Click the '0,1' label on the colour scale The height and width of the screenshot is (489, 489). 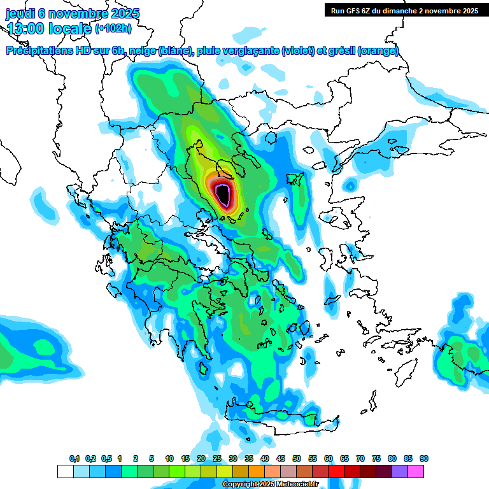pyautogui.click(x=74, y=459)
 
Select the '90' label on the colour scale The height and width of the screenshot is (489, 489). pyautogui.click(x=424, y=459)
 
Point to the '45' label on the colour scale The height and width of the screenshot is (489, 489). pyautogui.click(x=281, y=459)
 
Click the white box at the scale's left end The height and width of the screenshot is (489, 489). pyautogui.click(x=65, y=471)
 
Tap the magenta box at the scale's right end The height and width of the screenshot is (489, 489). pyautogui.click(x=416, y=471)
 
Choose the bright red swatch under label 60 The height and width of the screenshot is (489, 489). pyautogui.click(x=336, y=471)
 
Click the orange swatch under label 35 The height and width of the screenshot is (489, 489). pyautogui.click(x=257, y=471)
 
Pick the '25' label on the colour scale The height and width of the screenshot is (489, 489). pyautogui.click(x=217, y=459)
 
